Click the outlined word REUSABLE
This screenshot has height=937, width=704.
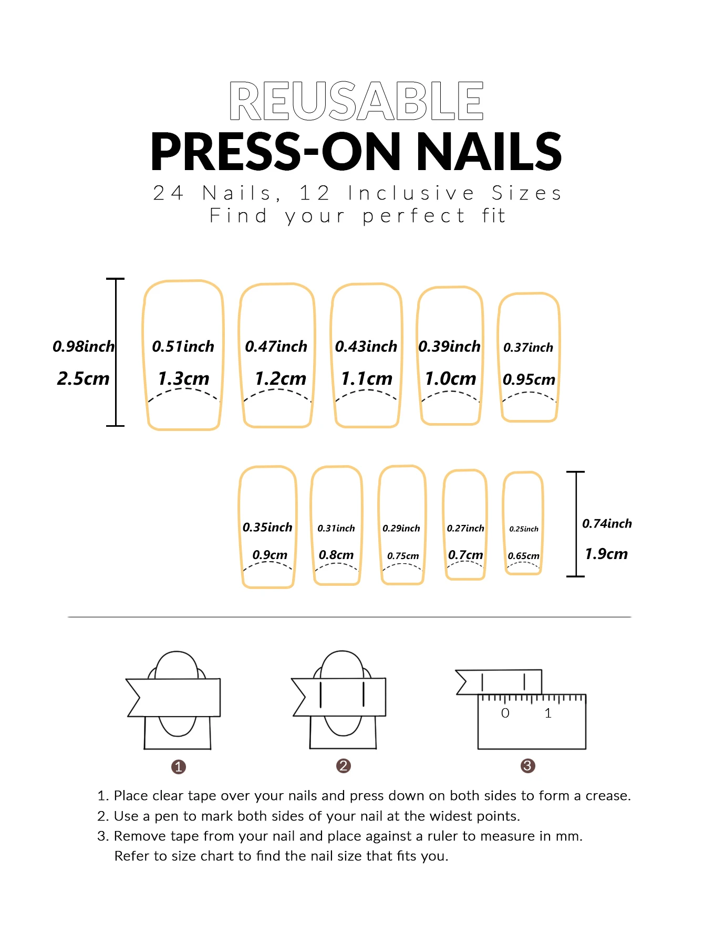pyautogui.click(x=356, y=101)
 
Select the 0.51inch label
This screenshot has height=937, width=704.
pyautogui.click(x=183, y=346)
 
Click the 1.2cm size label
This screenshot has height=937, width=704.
pyautogui.click(x=280, y=378)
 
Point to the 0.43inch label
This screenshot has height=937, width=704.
pyautogui.click(x=366, y=346)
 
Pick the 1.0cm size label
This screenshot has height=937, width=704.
pyautogui.click(x=450, y=378)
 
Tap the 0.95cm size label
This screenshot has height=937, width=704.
pyautogui.click(x=529, y=380)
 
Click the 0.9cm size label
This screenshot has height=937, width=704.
pyautogui.click(x=270, y=555)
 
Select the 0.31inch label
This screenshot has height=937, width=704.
pyautogui.click(x=336, y=528)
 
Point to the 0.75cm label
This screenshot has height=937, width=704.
pyautogui.click(x=403, y=556)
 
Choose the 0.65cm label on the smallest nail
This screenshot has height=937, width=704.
pyautogui.click(x=523, y=556)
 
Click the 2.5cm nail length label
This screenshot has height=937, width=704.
pyautogui.click(x=83, y=378)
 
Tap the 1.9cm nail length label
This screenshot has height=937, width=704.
pyautogui.click(x=606, y=554)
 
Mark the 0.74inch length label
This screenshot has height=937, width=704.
pyautogui.click(x=607, y=523)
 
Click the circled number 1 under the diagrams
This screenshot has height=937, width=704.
pyautogui.click(x=179, y=767)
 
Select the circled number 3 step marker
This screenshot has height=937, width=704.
pyautogui.click(x=527, y=766)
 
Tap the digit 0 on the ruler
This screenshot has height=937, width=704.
pyautogui.click(x=505, y=713)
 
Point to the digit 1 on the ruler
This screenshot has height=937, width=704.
pyautogui.click(x=548, y=713)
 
